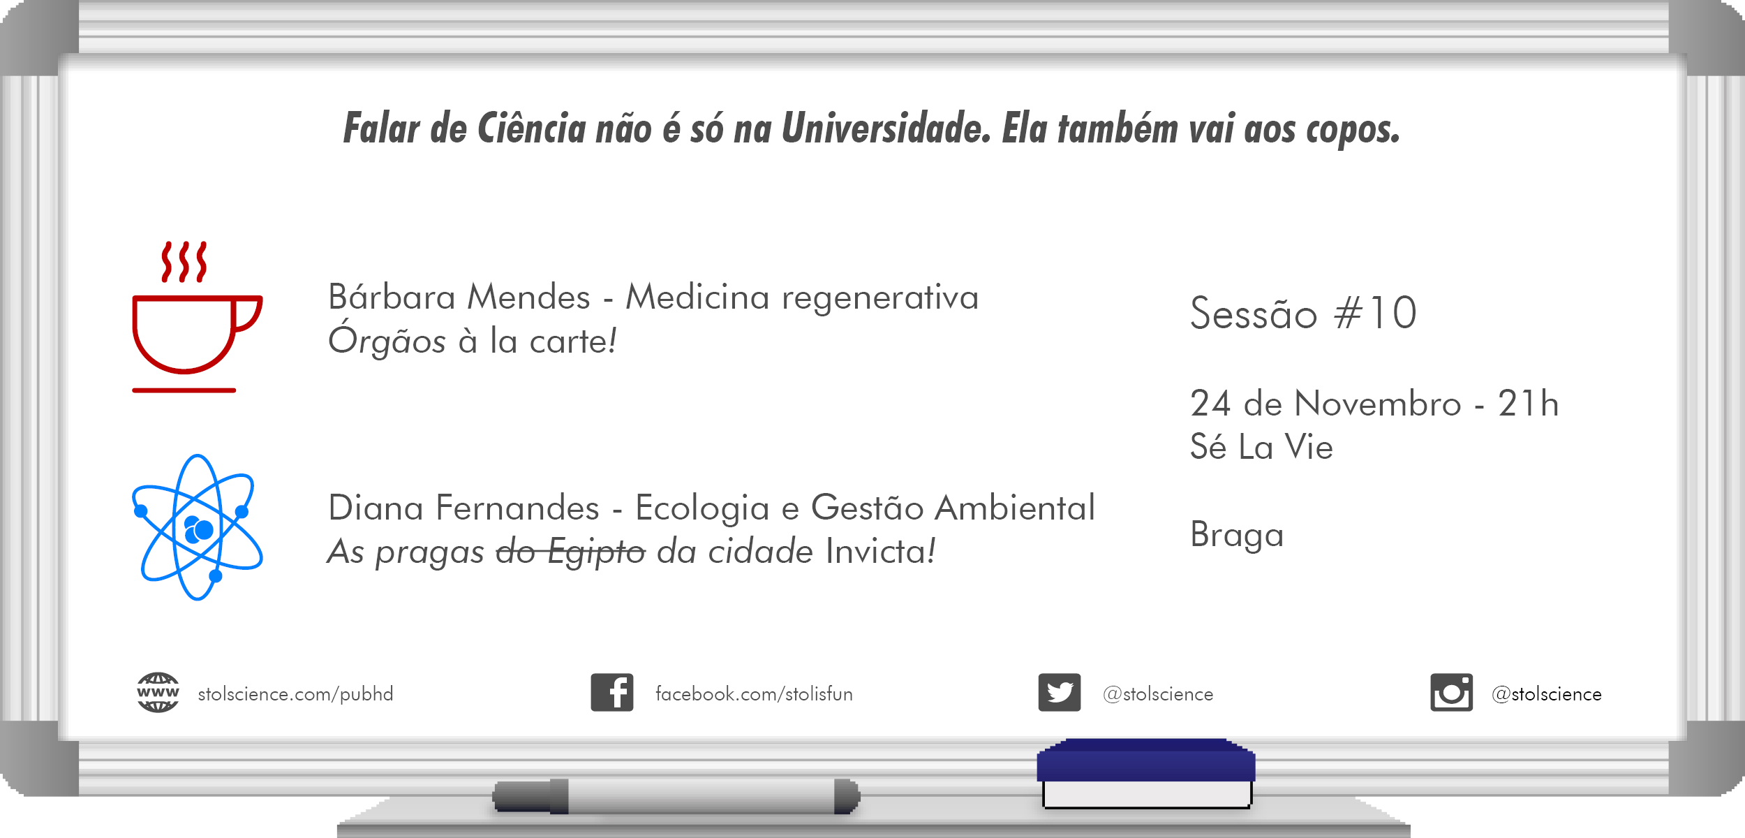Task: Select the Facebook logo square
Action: (x=612, y=693)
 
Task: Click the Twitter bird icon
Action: (x=1060, y=693)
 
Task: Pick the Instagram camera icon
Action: (x=1451, y=693)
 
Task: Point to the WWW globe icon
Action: (x=158, y=693)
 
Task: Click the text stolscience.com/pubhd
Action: (x=295, y=694)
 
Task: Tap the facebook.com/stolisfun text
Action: (x=754, y=694)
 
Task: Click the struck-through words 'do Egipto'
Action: (x=571, y=552)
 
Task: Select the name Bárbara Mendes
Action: (x=459, y=297)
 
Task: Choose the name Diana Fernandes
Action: (x=463, y=508)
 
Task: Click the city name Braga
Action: (x=1237, y=536)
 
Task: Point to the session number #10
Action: (x=1375, y=313)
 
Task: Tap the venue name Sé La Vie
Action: (x=1261, y=447)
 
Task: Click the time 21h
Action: (x=1528, y=404)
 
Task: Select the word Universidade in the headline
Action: (x=886, y=128)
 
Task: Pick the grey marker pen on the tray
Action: (x=676, y=796)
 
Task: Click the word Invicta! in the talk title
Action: (x=880, y=552)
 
